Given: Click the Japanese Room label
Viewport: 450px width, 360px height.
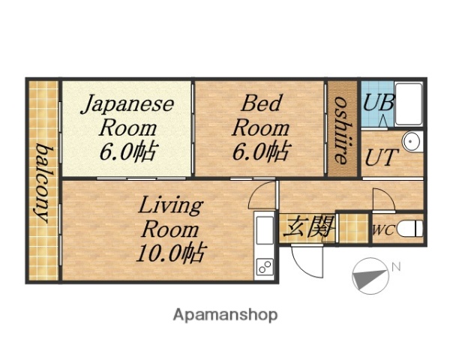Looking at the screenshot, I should (127, 127).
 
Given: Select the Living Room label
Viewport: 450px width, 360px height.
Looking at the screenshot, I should (170, 228).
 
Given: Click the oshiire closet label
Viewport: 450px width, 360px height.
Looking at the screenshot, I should (341, 128).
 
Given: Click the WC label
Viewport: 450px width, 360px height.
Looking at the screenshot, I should (382, 230).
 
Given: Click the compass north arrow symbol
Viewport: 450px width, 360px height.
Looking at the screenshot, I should (369, 275).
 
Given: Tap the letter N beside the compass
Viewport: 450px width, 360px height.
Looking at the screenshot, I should (397, 266).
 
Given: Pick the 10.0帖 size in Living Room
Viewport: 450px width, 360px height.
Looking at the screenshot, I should (170, 252).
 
